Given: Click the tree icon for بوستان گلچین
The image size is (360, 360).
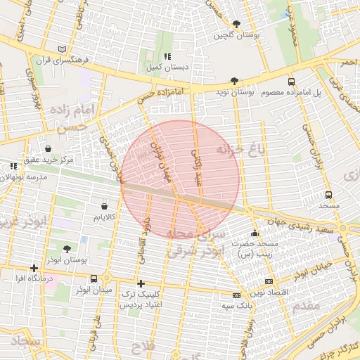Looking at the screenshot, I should click(x=236, y=24).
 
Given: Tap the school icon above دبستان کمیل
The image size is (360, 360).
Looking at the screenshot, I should click(x=167, y=56).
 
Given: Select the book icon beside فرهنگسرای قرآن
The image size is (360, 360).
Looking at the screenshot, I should click(x=63, y=49).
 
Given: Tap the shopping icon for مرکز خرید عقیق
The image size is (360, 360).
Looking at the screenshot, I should click(x=48, y=148).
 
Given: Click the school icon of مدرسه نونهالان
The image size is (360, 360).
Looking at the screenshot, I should click(x=13, y=167).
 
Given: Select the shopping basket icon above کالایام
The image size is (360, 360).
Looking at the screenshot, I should click(x=105, y=206).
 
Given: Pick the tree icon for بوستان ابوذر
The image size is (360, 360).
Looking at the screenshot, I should click(x=67, y=249).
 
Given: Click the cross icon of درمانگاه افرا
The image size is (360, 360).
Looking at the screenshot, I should click(x=34, y=269).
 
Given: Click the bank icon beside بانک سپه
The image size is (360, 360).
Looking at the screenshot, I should click(x=236, y=295).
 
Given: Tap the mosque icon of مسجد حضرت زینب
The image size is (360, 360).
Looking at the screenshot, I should click(x=255, y=233).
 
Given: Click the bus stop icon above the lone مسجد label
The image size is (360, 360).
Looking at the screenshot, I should click(x=329, y=195).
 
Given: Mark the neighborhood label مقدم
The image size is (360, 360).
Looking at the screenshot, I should click(x=309, y=304).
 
